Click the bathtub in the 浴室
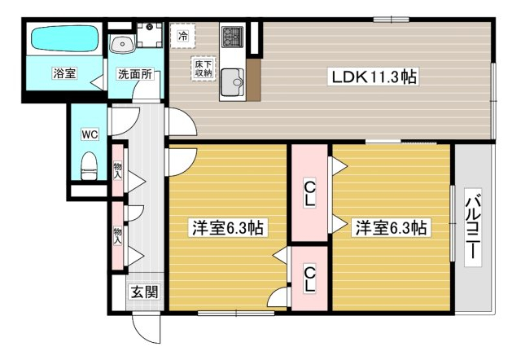point(65,39)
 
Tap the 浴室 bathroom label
point(65,73)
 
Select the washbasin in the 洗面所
point(122,44)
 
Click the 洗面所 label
point(135,74)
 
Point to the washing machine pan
point(150,34)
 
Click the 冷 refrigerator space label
point(182,36)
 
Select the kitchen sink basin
point(232,81)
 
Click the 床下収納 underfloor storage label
point(204,68)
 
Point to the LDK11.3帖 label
point(373,77)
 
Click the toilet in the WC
point(89,165)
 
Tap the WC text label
point(90,134)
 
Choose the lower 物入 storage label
point(117,235)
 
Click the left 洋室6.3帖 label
point(228,228)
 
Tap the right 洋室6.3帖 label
point(391,228)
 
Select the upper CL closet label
point(309,194)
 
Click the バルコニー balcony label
point(473,228)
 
